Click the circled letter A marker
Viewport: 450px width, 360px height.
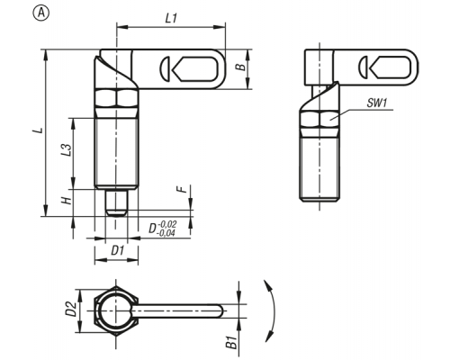pyautogui.click(x=41, y=13)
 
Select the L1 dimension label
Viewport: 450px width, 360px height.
pyautogui.click(x=171, y=19)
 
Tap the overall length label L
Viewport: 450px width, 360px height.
pyautogui.click(x=39, y=130)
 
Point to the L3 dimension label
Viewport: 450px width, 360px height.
pyautogui.click(x=67, y=149)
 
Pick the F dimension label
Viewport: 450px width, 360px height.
pyautogui.click(x=182, y=189)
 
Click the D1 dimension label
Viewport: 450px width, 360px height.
pyautogui.click(x=118, y=250)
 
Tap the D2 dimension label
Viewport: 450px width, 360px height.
pyautogui.click(x=71, y=309)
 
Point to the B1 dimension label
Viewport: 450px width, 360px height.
pyautogui.click(x=231, y=343)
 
